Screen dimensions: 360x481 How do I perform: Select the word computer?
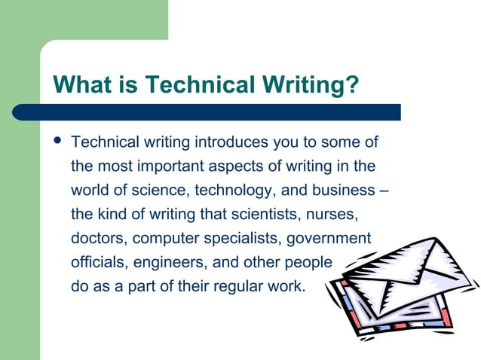click(167, 239)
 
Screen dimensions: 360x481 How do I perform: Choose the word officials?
click(96, 263)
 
